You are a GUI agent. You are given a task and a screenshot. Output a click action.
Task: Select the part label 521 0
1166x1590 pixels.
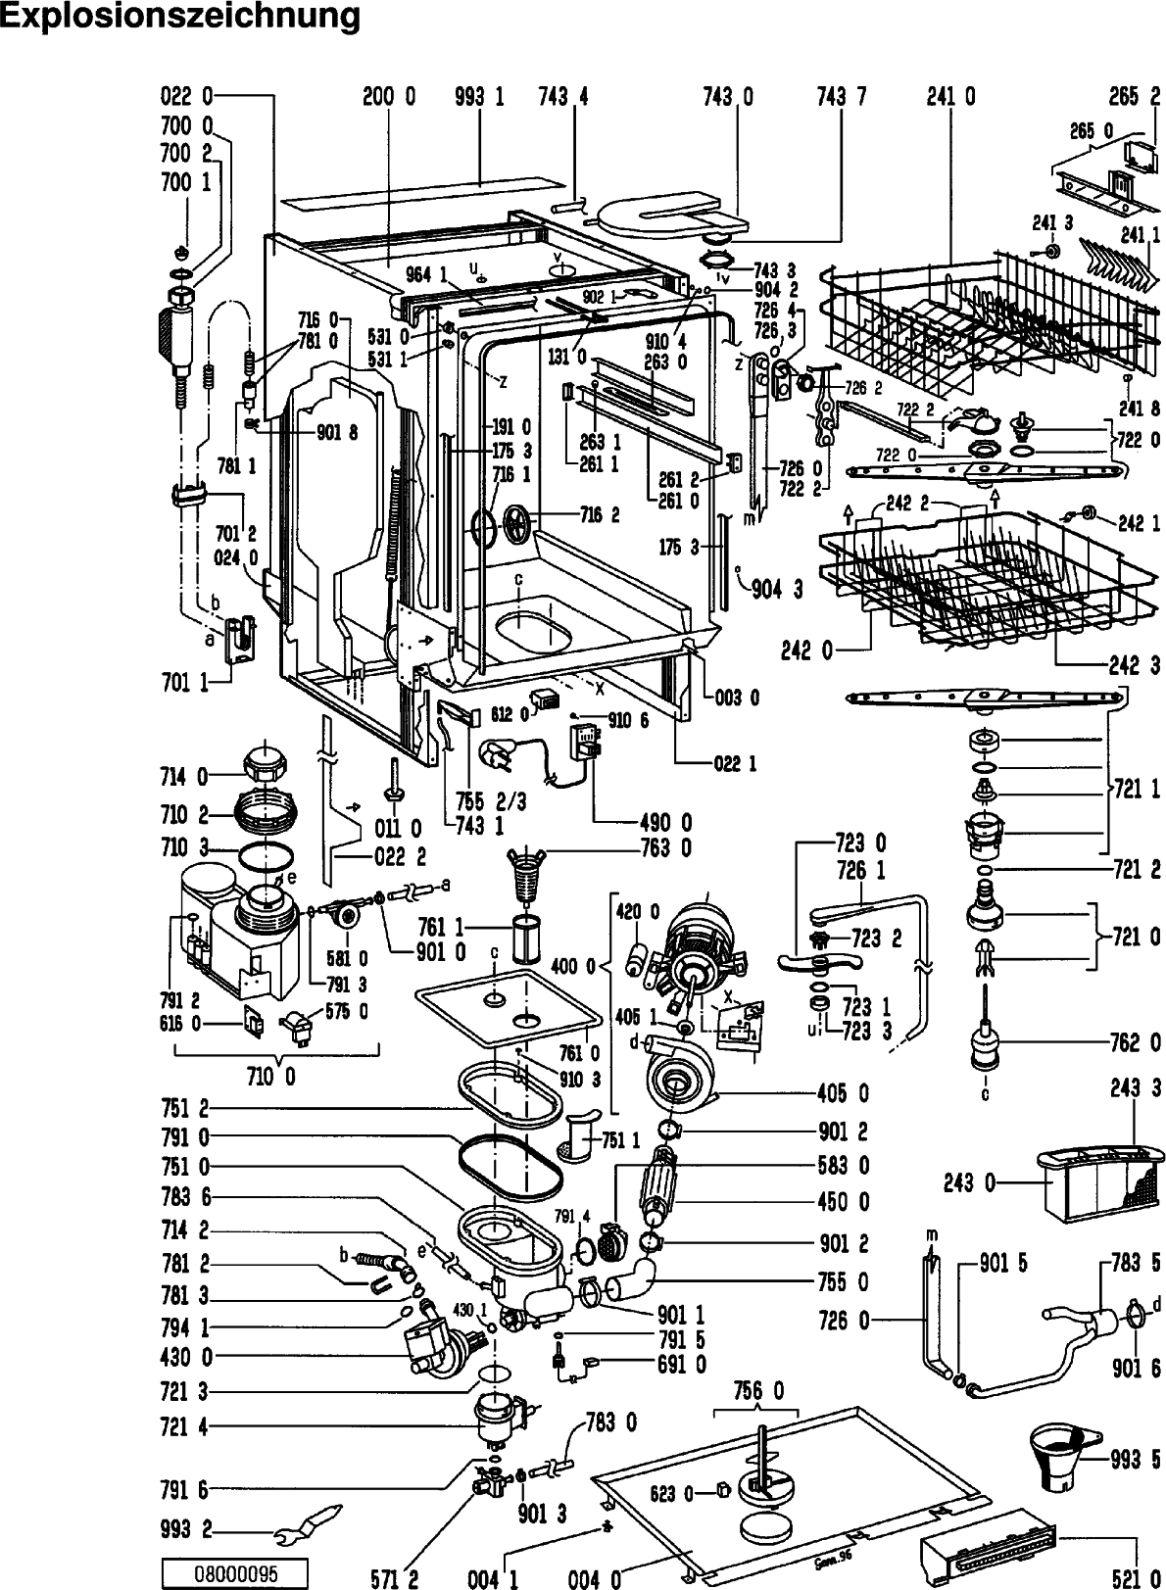tap(1135, 1576)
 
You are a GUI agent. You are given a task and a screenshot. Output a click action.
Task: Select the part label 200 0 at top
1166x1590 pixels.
tap(389, 96)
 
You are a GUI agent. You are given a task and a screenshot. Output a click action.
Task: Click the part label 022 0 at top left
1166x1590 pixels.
tap(186, 96)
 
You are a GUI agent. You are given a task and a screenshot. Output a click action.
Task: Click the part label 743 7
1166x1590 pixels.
tap(841, 96)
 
